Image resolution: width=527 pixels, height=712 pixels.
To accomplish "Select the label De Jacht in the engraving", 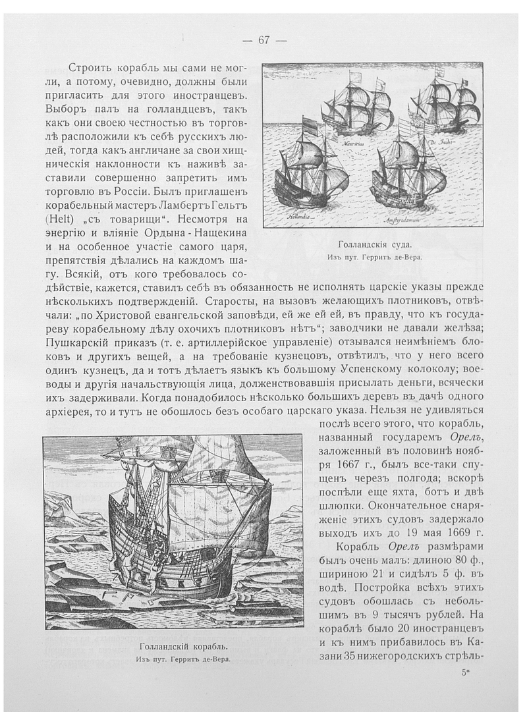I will point(441,142).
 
